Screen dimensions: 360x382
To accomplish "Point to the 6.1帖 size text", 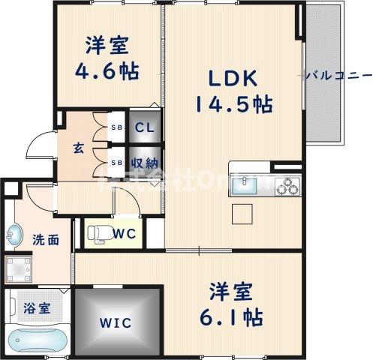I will pos(230,316).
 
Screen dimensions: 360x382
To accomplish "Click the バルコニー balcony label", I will pos(338,75).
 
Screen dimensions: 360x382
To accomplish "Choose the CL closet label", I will pos(144,127).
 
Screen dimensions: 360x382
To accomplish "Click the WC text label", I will pos(125,233).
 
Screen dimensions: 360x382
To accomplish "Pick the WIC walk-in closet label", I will pos(117,323).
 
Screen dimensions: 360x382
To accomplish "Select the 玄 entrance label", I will pos(78,148).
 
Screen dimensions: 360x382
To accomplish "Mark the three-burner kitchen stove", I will pos(286,184).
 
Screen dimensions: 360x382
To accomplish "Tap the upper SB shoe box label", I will pos(117,127).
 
